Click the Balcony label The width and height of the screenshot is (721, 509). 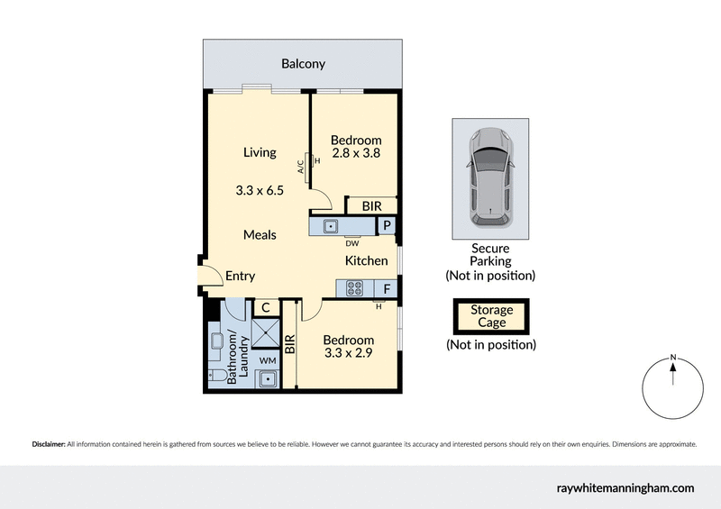coord(303,64)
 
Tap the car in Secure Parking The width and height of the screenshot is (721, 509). coord(490,177)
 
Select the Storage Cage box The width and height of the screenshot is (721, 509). coord(491,316)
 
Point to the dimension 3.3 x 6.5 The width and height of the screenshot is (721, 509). coord(260,191)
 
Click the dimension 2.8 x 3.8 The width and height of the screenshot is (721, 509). coord(355,153)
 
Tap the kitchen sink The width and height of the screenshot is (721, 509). coord(330,226)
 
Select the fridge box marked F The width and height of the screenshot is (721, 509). coord(387,289)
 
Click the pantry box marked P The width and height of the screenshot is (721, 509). coord(387,226)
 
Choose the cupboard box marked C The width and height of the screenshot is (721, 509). coord(266,308)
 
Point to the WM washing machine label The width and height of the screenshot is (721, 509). coord(267,360)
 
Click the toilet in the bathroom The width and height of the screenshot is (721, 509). coord(216,376)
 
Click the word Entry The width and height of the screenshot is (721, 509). coord(240,277)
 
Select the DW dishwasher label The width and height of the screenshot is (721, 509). coord(352,242)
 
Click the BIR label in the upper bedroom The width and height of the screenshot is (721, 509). coord(371,206)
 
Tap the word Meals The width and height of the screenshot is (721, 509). coord(260,234)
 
